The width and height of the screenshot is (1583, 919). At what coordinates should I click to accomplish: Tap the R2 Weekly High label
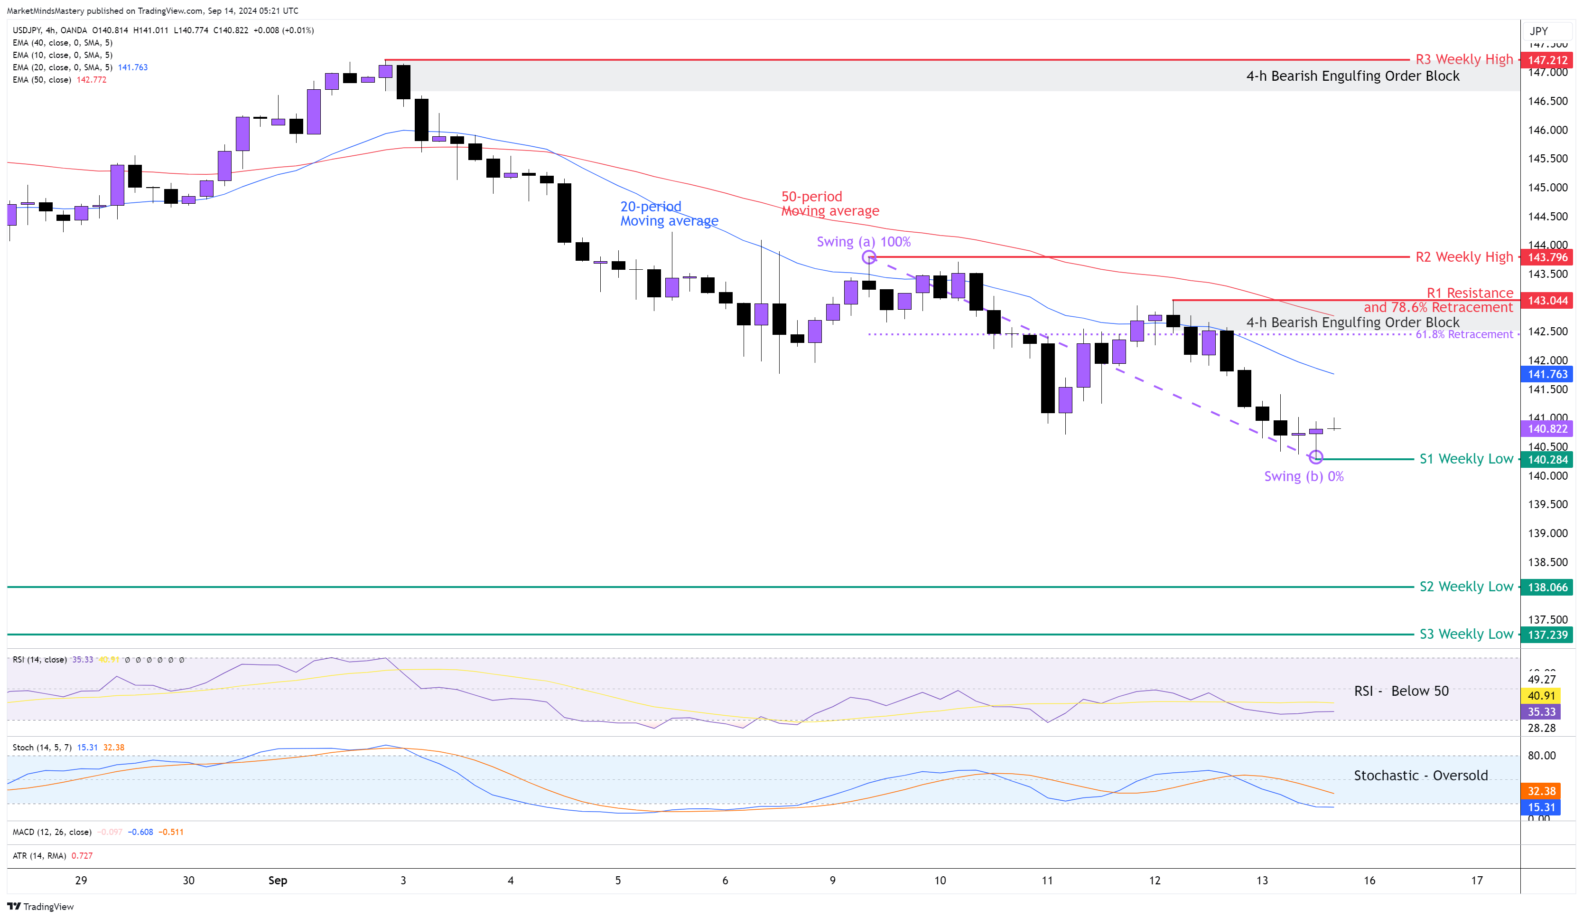click(1463, 257)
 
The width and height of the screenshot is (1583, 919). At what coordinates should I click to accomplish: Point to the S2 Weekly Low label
click(1465, 587)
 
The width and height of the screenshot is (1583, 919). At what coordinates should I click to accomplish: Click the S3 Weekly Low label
click(1465, 634)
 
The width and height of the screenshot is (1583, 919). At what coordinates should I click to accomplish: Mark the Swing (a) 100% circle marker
click(869, 257)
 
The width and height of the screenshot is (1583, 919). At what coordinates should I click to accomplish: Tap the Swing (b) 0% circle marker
click(1315, 457)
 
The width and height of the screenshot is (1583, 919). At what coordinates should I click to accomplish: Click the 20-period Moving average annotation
click(669, 214)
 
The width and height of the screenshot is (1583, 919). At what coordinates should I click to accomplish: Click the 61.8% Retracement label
click(1463, 334)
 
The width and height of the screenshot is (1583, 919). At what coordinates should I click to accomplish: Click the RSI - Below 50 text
click(1401, 691)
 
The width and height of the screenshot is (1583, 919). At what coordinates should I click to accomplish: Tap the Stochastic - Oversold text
click(1420, 776)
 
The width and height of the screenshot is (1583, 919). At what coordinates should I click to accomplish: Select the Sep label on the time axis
click(278, 880)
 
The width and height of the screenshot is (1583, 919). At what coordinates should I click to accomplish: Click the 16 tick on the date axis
click(1369, 880)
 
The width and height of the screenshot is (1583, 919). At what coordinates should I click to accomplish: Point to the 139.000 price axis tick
click(1547, 533)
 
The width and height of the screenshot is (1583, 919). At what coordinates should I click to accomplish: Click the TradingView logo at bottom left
click(40, 907)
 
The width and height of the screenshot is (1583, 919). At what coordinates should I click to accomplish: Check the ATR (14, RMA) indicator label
click(39, 855)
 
